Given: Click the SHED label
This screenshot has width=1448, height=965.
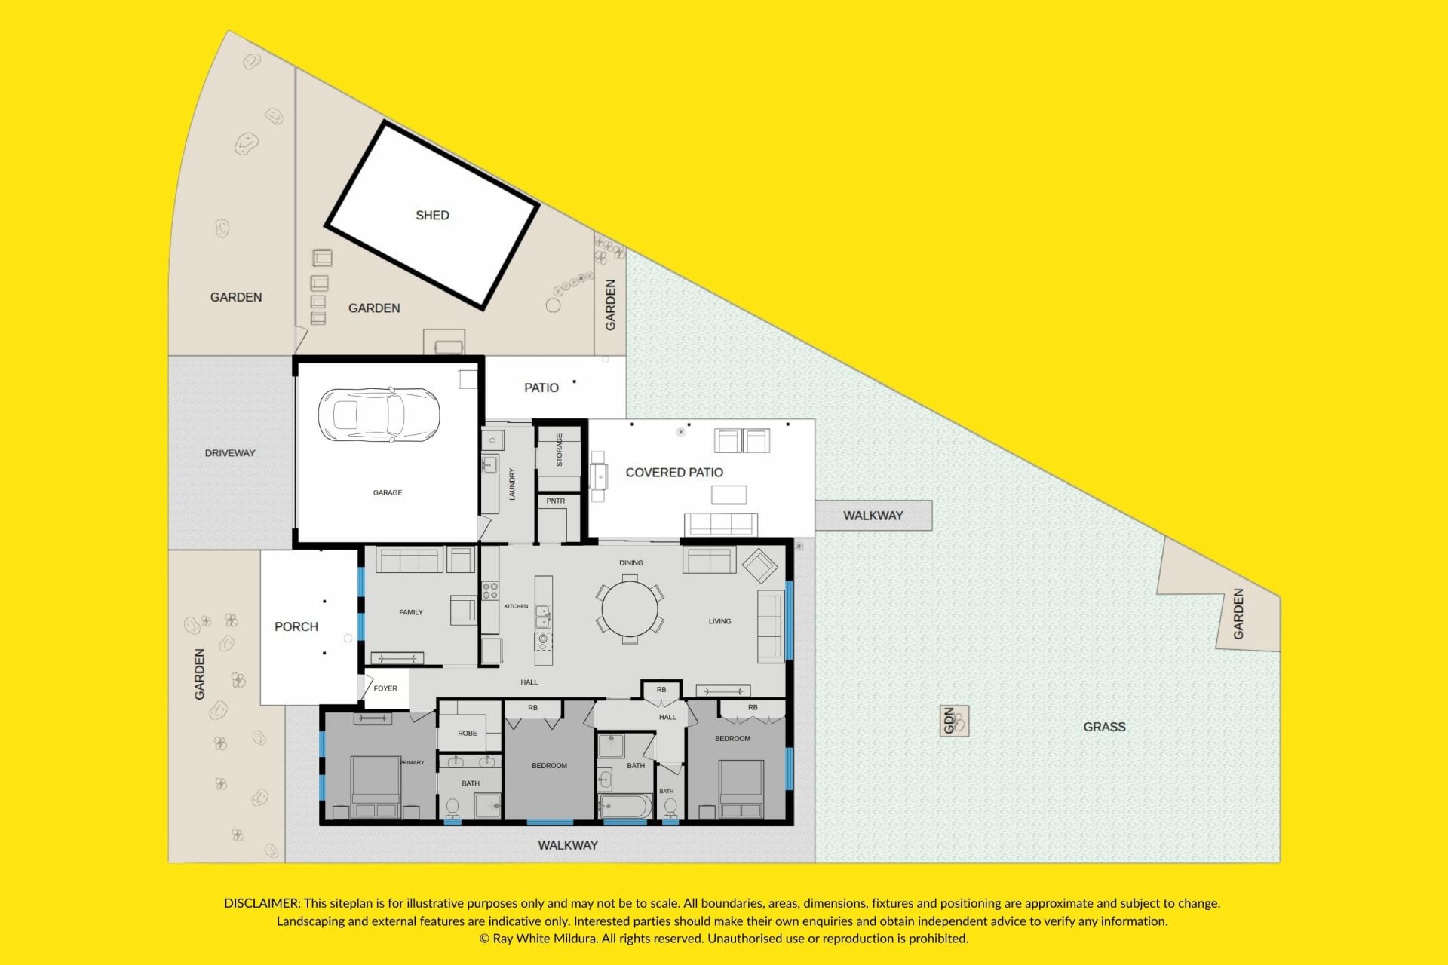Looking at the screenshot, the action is [x=432, y=216].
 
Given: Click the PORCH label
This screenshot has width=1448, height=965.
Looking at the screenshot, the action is [x=296, y=626].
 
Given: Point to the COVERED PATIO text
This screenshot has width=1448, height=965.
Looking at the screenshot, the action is [x=674, y=473].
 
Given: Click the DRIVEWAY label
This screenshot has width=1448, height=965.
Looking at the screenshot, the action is [x=230, y=453].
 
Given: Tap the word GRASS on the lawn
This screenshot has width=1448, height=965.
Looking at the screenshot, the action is [x=1104, y=727].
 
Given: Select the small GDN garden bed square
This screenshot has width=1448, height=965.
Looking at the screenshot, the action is [x=954, y=721].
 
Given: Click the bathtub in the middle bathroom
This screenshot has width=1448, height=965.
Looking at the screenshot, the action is [x=625, y=806].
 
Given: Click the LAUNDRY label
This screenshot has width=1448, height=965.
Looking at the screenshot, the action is [x=512, y=484].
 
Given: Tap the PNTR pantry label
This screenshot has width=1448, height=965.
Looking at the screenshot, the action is [x=556, y=501].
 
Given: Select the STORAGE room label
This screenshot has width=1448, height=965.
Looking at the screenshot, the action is [x=560, y=450].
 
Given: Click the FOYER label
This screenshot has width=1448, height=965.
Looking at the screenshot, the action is [x=385, y=688].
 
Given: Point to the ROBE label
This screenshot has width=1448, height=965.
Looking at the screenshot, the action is [x=468, y=733].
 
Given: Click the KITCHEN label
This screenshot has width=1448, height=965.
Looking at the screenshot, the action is [x=516, y=606].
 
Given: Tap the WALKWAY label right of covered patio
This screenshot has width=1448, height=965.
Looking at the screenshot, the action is [x=873, y=516].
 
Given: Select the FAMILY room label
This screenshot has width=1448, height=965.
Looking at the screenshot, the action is [x=411, y=612].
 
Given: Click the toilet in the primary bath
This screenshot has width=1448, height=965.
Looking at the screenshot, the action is [x=452, y=809].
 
